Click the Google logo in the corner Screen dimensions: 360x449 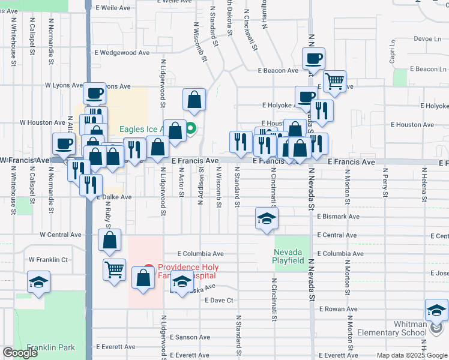pyautogui.click(x=20, y=353)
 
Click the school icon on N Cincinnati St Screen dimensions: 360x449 pyautogui.click(x=267, y=218)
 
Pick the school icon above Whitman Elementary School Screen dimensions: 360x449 pyautogui.click(x=436, y=310)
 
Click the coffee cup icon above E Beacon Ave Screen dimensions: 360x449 pyautogui.click(x=313, y=59)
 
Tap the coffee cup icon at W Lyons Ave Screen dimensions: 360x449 pyautogui.click(x=94, y=93)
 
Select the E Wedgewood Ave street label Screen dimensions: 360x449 pyautogui.click(x=121, y=53)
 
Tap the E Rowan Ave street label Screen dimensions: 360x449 pyautogui.click(x=338, y=309)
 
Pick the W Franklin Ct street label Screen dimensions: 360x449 pyautogui.click(x=49, y=260)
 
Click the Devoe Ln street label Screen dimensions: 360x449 pyautogui.click(x=427, y=38)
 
